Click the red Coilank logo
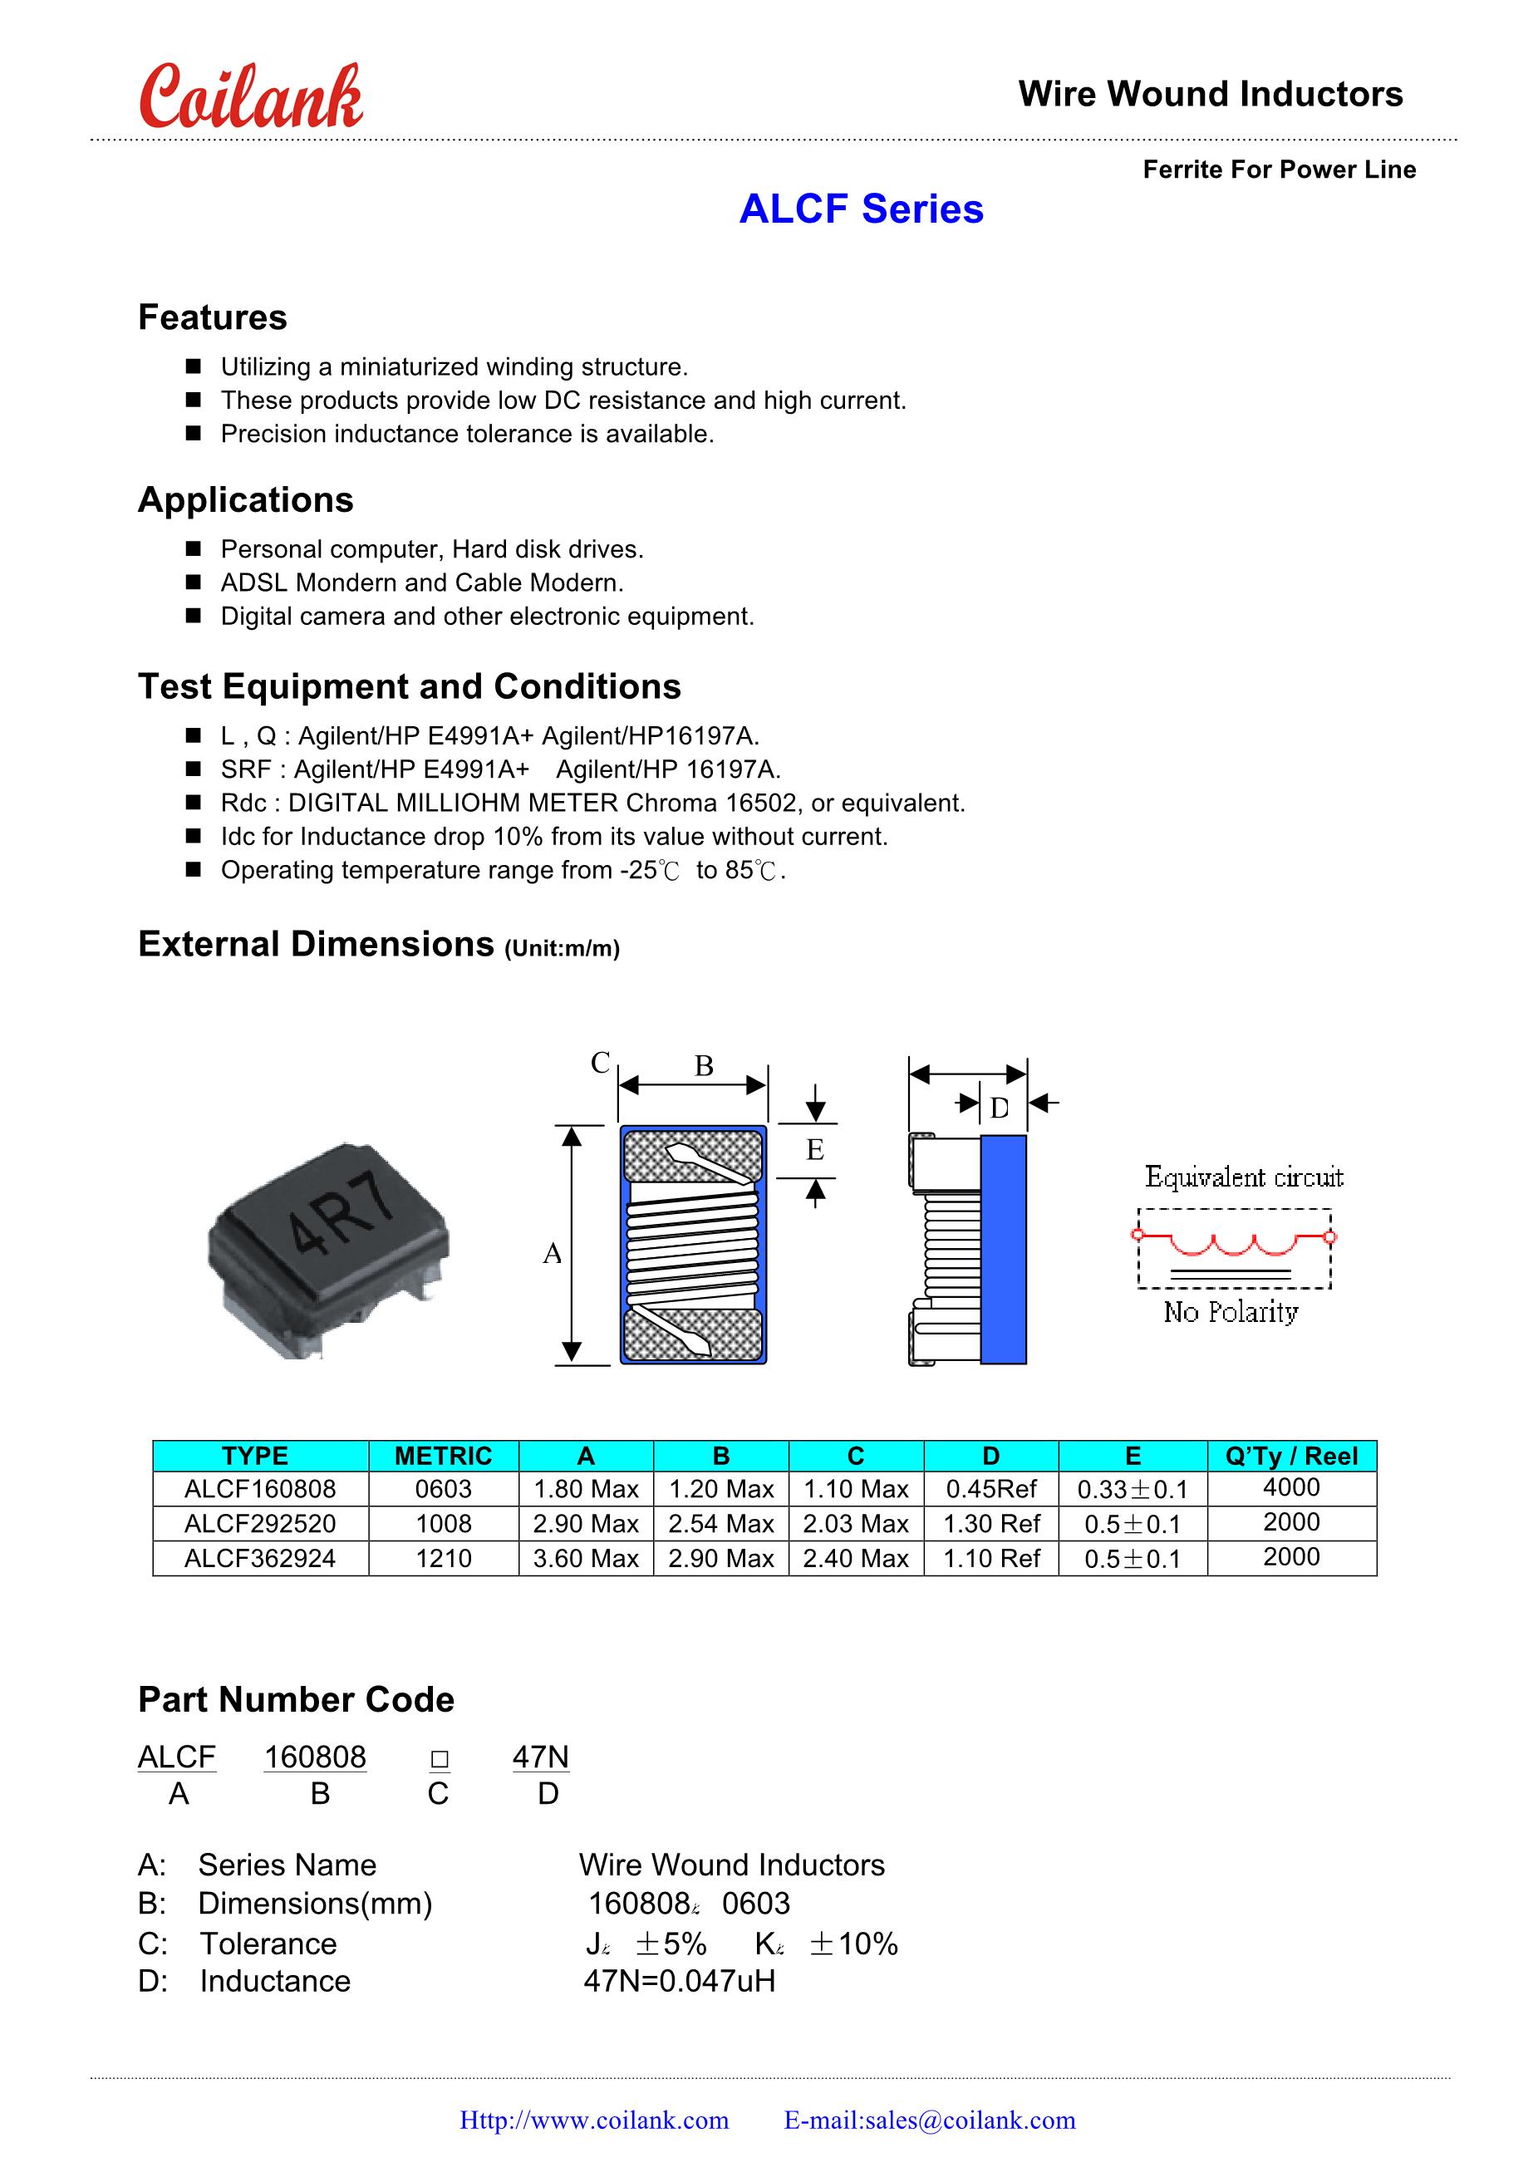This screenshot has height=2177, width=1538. click(x=250, y=98)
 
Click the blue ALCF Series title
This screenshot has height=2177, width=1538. click(x=861, y=209)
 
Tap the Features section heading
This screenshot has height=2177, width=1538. click(x=213, y=317)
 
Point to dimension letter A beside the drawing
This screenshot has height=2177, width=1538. click(x=552, y=1255)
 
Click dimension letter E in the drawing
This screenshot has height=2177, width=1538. click(x=814, y=1150)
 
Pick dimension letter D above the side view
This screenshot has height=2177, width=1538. click(x=1000, y=1108)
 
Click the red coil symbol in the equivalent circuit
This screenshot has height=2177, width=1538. click(x=1233, y=1242)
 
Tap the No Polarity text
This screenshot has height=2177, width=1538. click(x=1231, y=1312)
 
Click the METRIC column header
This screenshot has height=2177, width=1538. click(x=443, y=1456)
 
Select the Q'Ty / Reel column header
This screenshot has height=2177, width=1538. click(x=1291, y=1456)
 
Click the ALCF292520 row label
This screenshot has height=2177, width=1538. click(x=260, y=1524)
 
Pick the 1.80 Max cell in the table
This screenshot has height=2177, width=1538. click(x=586, y=1490)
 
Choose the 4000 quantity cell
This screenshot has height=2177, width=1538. click(x=1291, y=1487)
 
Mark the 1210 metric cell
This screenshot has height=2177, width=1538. click(x=443, y=1558)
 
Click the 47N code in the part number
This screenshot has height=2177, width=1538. click(x=540, y=1757)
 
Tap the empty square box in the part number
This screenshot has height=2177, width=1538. click(x=439, y=1760)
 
